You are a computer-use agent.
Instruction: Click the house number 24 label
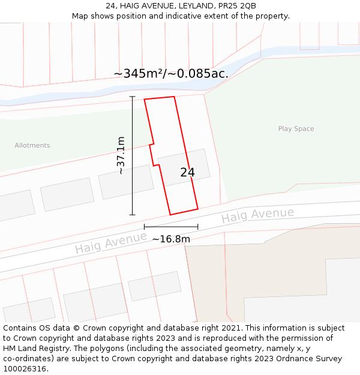point(187,172)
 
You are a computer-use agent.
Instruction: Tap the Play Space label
point(296,129)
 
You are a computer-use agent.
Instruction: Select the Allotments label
point(32,145)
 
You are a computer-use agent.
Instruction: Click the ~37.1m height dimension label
point(121,155)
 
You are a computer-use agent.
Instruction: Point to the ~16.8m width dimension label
point(171,239)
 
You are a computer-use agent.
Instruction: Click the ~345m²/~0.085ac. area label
point(171,74)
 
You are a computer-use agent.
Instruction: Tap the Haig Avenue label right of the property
point(257,215)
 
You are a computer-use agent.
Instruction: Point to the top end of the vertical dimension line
point(132,97)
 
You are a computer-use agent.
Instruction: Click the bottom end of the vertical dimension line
point(132,215)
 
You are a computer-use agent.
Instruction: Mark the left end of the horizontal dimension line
point(145,227)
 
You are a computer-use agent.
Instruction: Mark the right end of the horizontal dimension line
point(198,227)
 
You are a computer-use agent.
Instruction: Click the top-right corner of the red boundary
point(174,97)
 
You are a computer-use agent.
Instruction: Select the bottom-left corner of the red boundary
point(170,214)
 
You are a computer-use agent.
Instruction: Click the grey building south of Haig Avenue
point(155,286)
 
